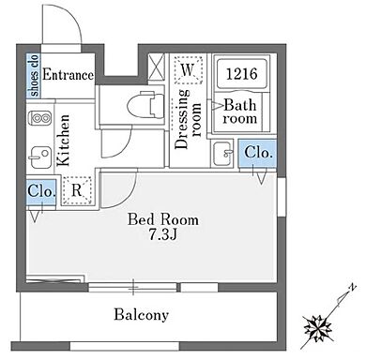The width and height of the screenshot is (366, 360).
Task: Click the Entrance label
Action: point(68,75)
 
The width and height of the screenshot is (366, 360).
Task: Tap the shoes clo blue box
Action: point(34,76)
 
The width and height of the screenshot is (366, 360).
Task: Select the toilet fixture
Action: point(145,104)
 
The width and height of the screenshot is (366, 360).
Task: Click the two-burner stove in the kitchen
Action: point(39,118)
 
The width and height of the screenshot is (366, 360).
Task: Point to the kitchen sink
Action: point(39,157)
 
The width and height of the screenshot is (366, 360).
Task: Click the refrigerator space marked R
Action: point(77,190)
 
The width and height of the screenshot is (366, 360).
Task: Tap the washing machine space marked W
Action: point(189,69)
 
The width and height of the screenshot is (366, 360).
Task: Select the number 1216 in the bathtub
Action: point(241,74)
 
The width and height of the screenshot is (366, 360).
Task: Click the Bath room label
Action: point(240,112)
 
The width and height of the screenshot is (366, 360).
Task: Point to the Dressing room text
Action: point(188,119)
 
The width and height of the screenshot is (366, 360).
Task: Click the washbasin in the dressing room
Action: point(222,154)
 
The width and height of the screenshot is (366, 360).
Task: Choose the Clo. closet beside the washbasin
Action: point(258,154)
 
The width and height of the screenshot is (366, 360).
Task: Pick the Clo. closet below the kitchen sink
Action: point(41,191)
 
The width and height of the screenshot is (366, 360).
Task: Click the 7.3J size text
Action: point(163,234)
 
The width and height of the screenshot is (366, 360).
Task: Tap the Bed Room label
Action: point(163,219)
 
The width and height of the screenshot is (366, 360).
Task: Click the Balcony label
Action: point(142,315)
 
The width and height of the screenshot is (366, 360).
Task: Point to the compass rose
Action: point(319,329)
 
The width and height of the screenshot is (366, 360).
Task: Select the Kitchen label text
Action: point(63,140)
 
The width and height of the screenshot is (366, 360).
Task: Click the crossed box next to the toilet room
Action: point(156,67)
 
